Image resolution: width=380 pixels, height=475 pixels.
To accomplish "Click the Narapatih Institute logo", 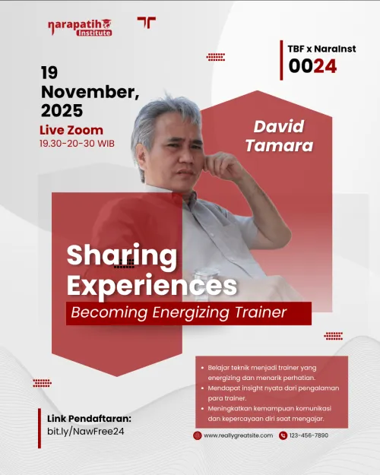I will [x=79, y=27].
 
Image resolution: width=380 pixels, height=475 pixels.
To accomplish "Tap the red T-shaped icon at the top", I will [x=146, y=23].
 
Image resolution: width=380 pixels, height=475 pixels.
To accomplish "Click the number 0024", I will [x=312, y=66].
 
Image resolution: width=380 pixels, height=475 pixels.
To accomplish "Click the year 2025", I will [x=62, y=111].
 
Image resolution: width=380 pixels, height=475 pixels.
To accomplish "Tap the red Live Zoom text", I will [x=71, y=130].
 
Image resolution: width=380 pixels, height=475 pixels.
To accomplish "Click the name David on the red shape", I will [x=278, y=125].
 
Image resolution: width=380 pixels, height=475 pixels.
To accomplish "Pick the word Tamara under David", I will [x=278, y=143].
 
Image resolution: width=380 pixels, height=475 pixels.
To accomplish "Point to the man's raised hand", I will [x=222, y=163].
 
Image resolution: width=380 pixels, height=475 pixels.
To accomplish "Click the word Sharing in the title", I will [x=122, y=255].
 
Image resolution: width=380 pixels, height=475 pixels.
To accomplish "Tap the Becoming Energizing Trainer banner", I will [x=188, y=313].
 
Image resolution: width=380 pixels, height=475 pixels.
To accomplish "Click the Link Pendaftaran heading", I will [x=89, y=419].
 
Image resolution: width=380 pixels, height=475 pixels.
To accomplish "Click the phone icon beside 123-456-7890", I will [x=283, y=435].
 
